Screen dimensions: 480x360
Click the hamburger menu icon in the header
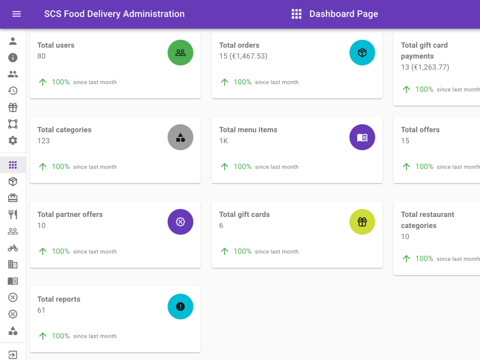pyautogui.click(x=16, y=14)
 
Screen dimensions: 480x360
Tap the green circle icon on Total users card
pyautogui.click(x=180, y=53)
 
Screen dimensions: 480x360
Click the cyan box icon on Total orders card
pyautogui.click(x=362, y=53)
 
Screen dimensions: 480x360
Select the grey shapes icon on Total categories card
pyautogui.click(x=180, y=137)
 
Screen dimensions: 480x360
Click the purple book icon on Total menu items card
pyautogui.click(x=362, y=137)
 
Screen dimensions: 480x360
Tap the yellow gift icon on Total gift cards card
pyautogui.click(x=362, y=222)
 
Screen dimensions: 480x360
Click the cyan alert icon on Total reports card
pyautogui.click(x=180, y=306)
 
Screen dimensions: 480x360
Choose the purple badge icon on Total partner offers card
pyautogui.click(x=180, y=222)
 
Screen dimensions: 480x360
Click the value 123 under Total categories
pyautogui.click(x=44, y=141)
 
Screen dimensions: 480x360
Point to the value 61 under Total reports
pyautogui.click(x=41, y=310)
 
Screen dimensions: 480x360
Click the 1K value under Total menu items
pyautogui.click(x=224, y=141)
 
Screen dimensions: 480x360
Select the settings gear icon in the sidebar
pyautogui.click(x=13, y=141)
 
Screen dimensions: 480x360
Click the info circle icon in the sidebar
pyautogui.click(x=13, y=58)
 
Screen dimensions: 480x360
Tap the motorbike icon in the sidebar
pyautogui.click(x=13, y=248)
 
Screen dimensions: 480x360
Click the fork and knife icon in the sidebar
pyautogui.click(x=13, y=215)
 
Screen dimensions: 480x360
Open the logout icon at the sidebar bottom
pyautogui.click(x=13, y=355)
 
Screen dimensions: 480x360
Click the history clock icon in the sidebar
pyautogui.click(x=13, y=91)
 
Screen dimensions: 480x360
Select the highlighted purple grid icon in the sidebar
pyautogui.click(x=13, y=165)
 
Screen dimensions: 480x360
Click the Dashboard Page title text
pyautogui.click(x=344, y=14)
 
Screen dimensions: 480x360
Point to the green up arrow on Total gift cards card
pyautogui.click(x=225, y=252)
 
